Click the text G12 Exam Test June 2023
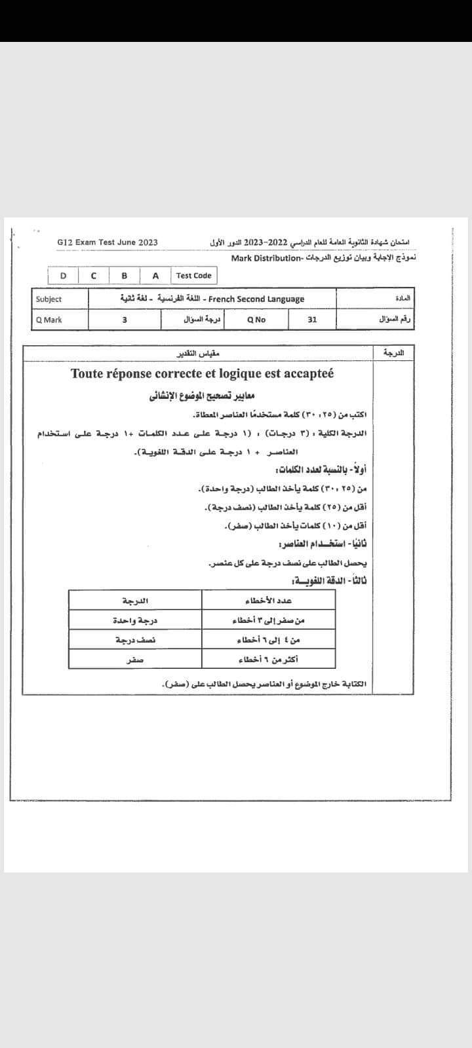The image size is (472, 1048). tap(108, 242)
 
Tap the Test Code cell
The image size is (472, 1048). tap(193, 276)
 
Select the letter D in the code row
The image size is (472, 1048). tap(63, 276)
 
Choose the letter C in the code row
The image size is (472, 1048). tap(94, 276)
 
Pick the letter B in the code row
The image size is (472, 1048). tap(125, 276)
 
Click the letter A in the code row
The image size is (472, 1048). tap(155, 276)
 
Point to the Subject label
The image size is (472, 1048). tap(49, 299)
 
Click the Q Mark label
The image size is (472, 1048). tap(49, 320)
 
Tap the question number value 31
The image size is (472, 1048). tap(312, 320)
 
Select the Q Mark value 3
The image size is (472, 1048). tap(125, 320)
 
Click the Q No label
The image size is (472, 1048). tap(256, 320)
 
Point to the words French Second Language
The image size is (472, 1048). tap(256, 299)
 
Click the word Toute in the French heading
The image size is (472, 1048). tap(90, 374)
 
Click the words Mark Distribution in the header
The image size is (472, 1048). tap(265, 258)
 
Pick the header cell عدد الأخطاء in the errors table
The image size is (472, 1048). tap(268, 601)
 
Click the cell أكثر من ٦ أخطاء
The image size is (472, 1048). tap(268, 659)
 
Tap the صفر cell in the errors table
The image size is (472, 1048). tap(135, 660)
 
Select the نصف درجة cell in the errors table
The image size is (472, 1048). tap(135, 639)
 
